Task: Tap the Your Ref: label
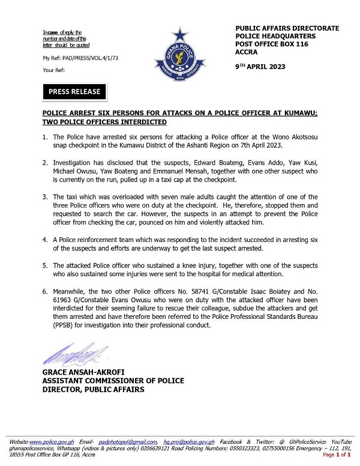tap(53, 70)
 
